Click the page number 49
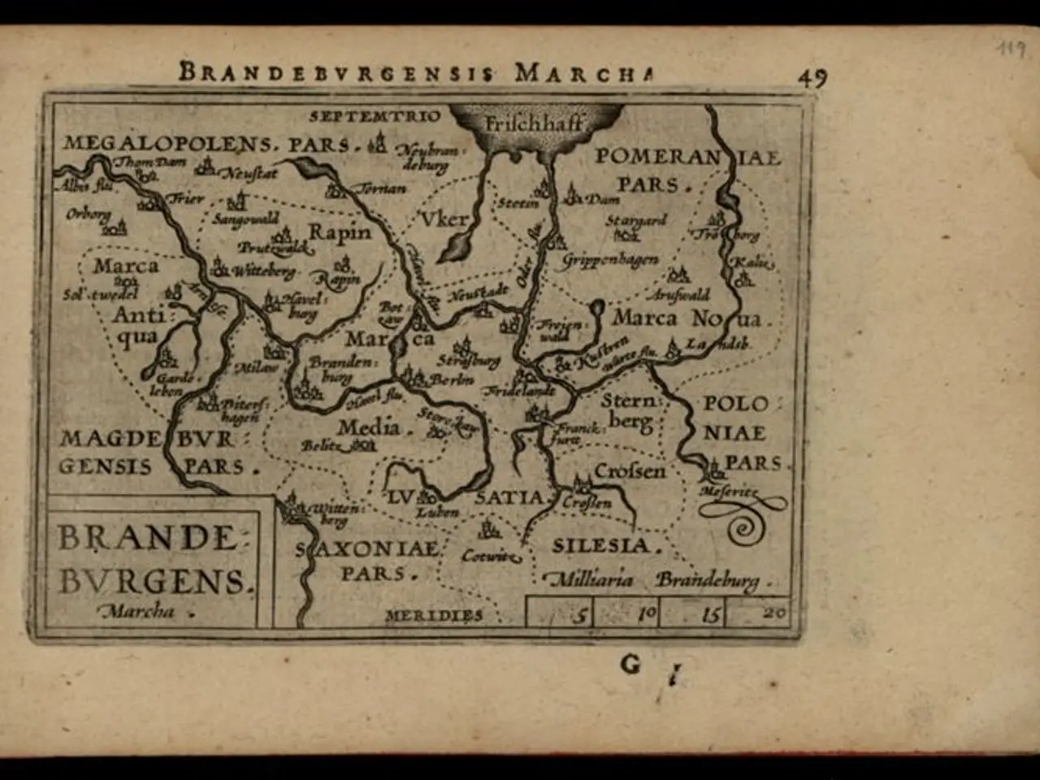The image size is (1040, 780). point(812,76)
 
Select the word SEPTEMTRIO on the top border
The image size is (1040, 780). point(375,115)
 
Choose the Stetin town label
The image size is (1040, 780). point(518,203)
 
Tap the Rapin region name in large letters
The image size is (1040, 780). point(340,232)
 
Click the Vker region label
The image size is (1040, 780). point(444,219)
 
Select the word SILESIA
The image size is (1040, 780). point(601,545)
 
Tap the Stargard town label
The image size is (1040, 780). point(636,221)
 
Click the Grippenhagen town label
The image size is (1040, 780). point(610,261)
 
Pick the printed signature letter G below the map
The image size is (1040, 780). point(630,665)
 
